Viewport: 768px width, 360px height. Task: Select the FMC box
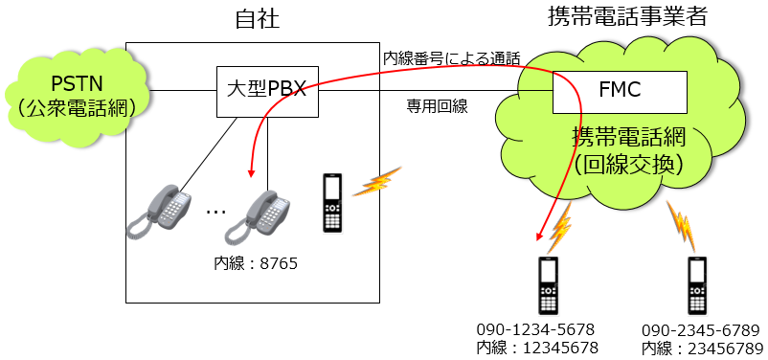(619, 91)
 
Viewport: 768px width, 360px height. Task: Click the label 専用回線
(437, 106)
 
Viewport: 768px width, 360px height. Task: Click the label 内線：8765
(256, 260)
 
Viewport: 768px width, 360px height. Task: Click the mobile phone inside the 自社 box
(332, 203)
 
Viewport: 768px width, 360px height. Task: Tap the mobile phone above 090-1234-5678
(549, 284)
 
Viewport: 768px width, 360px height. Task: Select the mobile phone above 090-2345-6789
(698, 284)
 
